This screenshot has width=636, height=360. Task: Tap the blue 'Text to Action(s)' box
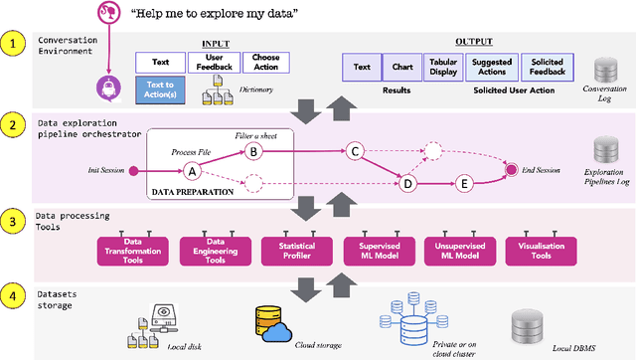tap(159, 91)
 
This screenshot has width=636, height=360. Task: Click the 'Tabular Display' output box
tap(443, 67)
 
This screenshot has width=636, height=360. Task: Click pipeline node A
tap(192, 170)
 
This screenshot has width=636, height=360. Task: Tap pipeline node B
tap(252, 152)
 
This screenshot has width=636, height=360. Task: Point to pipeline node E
tap(463, 184)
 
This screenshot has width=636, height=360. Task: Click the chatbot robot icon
tap(106, 88)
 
